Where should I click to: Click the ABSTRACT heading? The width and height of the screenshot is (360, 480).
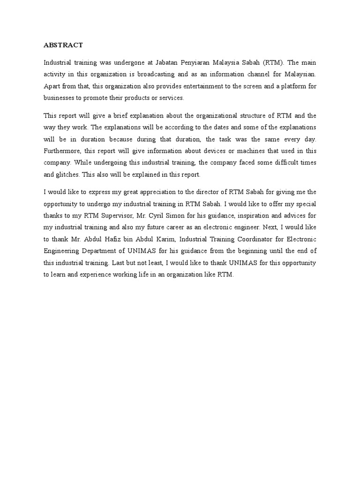pos(63,45)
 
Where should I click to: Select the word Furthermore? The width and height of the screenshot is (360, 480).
pos(62,151)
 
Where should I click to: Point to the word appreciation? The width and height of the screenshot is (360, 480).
pos(141,192)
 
